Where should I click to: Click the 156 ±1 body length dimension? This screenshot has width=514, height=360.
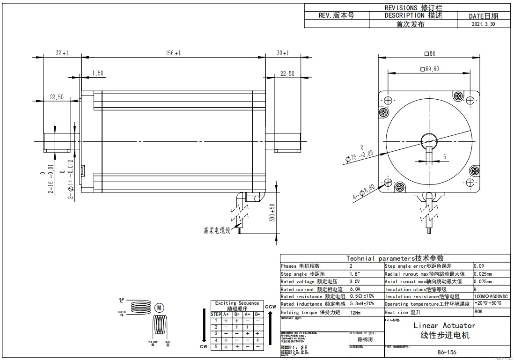point(173,54)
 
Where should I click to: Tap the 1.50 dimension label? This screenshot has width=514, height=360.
point(98,73)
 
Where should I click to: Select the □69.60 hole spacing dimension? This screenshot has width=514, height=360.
point(430,69)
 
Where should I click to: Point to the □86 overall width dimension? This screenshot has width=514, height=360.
point(430,53)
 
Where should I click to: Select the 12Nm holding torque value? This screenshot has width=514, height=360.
point(356,312)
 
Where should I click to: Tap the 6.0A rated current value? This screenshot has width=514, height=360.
point(355,289)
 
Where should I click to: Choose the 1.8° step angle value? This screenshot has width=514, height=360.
point(354,274)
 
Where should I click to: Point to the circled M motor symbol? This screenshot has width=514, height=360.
point(160,308)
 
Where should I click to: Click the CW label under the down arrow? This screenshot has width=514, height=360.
point(204,347)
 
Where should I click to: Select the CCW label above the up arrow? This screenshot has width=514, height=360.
point(270,307)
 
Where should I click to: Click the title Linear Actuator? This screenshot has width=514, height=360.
point(444,325)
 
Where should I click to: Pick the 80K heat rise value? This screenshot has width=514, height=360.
point(478,312)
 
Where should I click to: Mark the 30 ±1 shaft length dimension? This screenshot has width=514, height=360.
point(282,54)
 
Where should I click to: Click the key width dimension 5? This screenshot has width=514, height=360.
point(444,156)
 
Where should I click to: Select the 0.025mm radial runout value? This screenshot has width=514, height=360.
point(483,274)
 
